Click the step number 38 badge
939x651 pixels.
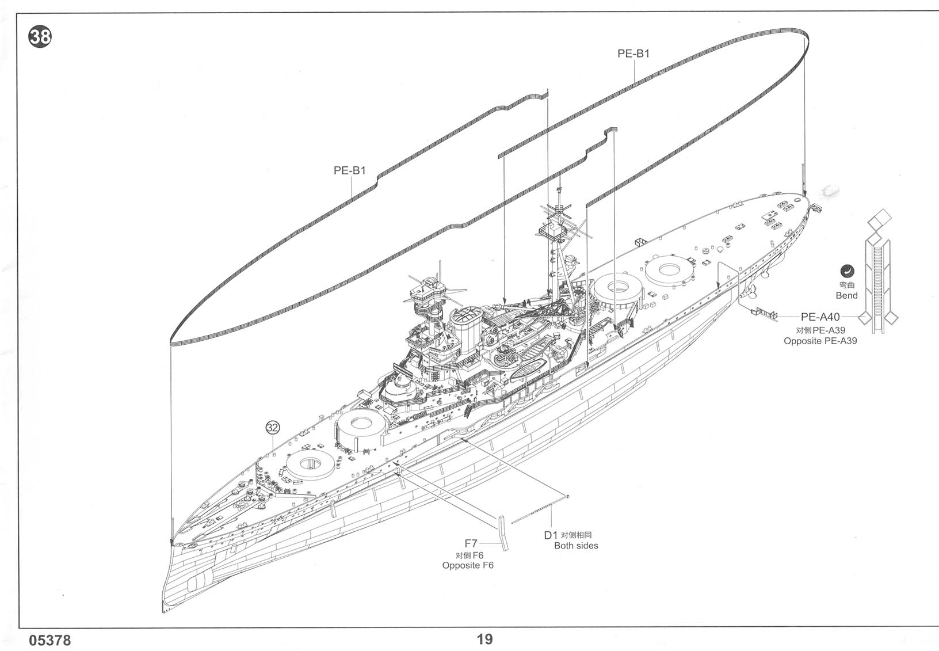point(40,38)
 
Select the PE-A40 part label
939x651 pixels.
point(820,317)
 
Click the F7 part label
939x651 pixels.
point(471,543)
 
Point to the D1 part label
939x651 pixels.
point(551,535)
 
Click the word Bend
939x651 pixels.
point(846,295)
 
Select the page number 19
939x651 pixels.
point(484,639)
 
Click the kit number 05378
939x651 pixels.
point(49,640)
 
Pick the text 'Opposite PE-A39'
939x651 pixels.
point(820,341)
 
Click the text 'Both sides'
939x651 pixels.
point(576,546)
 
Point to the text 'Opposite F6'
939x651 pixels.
point(468,565)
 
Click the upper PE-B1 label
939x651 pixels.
point(633,54)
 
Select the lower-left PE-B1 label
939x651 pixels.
point(350,170)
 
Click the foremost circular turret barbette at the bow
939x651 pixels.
point(311,464)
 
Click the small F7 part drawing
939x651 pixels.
point(503,532)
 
